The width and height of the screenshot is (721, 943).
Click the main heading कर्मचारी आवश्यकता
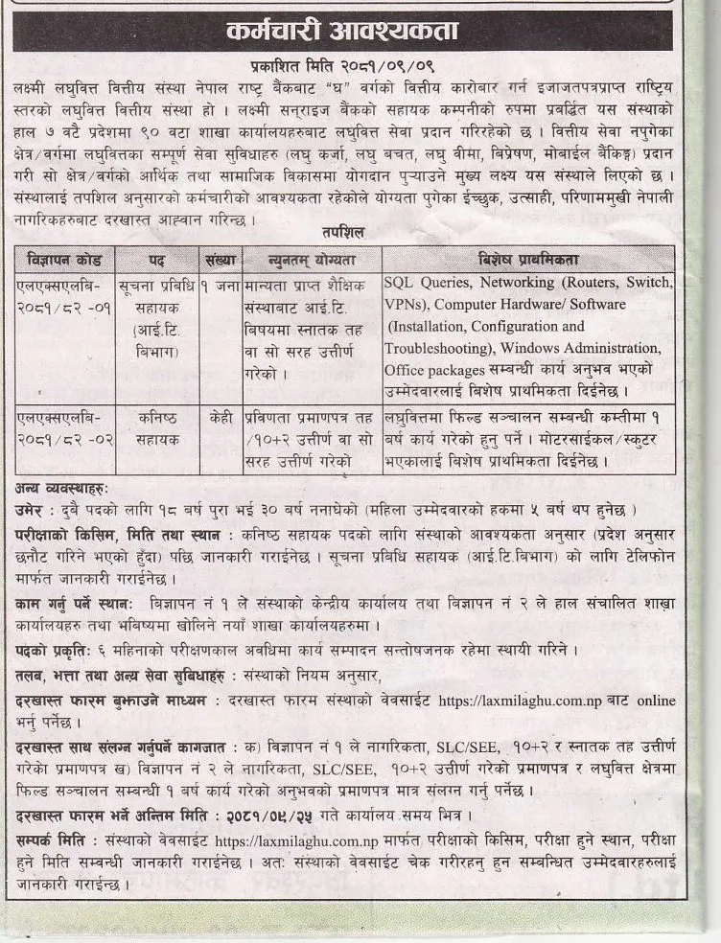point(360,32)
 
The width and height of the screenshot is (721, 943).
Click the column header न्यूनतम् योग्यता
point(310,260)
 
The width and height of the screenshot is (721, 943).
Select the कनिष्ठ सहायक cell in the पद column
point(156,428)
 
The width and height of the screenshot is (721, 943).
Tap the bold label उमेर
point(35,507)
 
